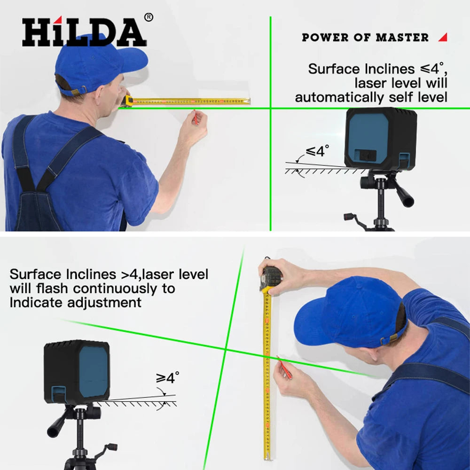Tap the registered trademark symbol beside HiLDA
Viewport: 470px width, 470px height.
(x=149, y=17)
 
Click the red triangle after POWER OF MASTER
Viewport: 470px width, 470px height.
(x=442, y=37)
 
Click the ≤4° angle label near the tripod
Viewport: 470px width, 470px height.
(x=317, y=151)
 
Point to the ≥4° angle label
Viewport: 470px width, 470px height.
(x=168, y=377)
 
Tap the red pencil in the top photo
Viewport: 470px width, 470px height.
(x=195, y=117)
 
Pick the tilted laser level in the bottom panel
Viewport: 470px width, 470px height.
(x=77, y=371)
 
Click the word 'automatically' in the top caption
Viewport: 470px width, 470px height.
(x=339, y=98)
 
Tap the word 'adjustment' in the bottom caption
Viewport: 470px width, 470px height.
(x=104, y=302)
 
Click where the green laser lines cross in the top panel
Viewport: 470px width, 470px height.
(x=271, y=109)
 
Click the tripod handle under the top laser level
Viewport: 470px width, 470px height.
(x=404, y=195)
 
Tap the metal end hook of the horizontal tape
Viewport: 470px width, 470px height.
(x=249, y=101)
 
